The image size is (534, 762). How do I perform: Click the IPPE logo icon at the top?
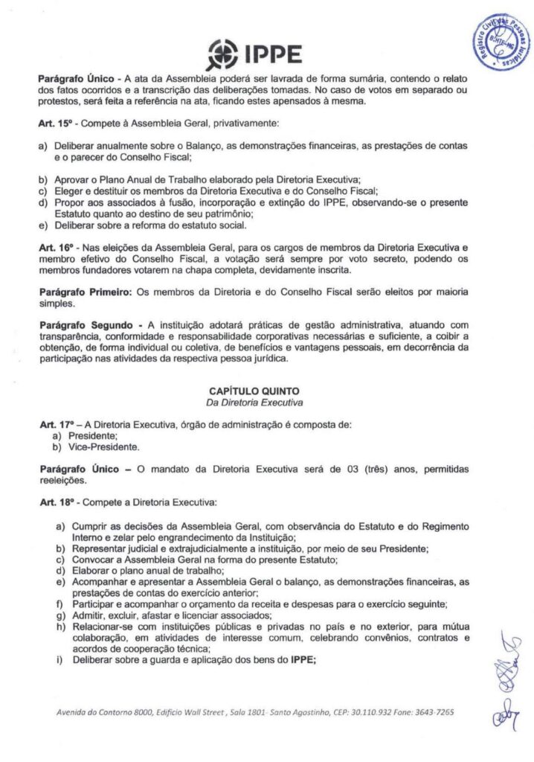coord(225,54)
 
